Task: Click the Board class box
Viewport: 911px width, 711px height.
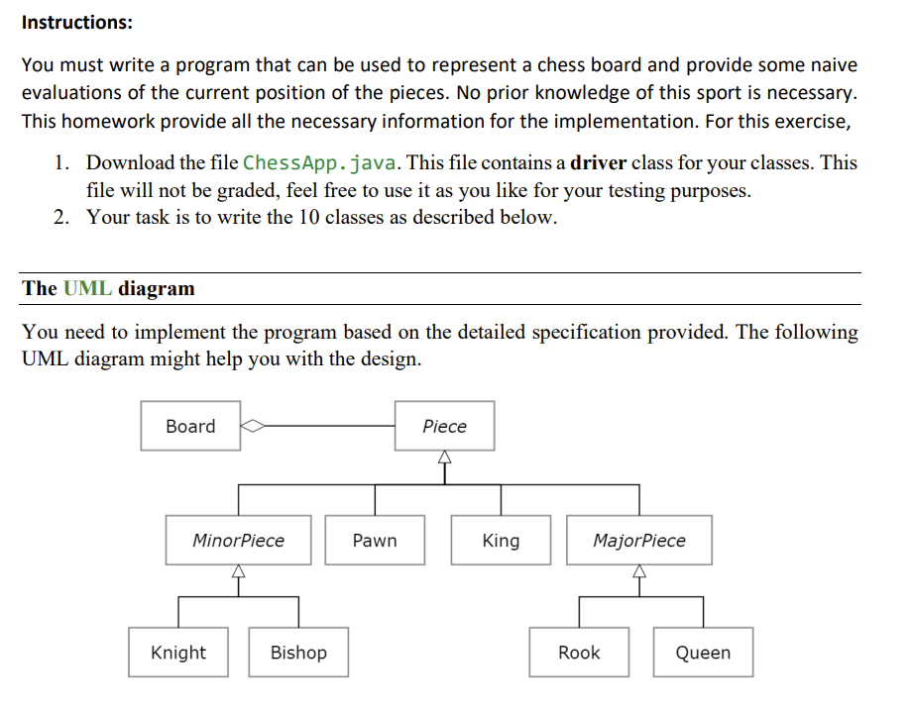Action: pyautogui.click(x=190, y=426)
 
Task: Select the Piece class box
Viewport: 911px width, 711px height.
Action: pyautogui.click(x=444, y=426)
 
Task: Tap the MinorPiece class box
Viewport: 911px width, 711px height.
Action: pyautogui.click(x=238, y=541)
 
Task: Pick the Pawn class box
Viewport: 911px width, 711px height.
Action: pyautogui.click(x=375, y=541)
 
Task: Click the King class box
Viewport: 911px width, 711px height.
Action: pyautogui.click(x=501, y=541)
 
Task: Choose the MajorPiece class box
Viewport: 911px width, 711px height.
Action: pyautogui.click(x=639, y=541)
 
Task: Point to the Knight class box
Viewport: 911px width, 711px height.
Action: pyautogui.click(x=178, y=653)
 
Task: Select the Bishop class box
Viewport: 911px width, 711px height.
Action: pyautogui.click(x=298, y=653)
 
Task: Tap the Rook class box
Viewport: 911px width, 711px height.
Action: pyautogui.click(x=579, y=653)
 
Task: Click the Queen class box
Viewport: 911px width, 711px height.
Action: pyautogui.click(x=703, y=653)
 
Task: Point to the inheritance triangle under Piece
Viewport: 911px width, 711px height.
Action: pyautogui.click(x=445, y=457)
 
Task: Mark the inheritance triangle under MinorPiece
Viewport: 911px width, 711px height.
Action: pyautogui.click(x=238, y=571)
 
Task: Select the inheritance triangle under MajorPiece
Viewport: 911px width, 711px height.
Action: pyautogui.click(x=639, y=571)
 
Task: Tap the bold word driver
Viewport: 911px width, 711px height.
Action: pyautogui.click(x=599, y=162)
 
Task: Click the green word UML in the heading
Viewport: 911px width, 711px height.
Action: pyautogui.click(x=87, y=288)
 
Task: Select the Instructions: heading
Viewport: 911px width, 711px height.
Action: pyautogui.click(x=77, y=21)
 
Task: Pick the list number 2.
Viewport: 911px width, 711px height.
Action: pyautogui.click(x=61, y=217)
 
